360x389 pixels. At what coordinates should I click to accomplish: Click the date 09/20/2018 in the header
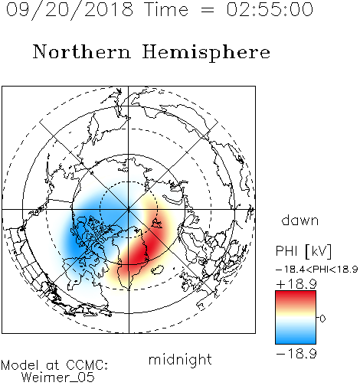click(70, 10)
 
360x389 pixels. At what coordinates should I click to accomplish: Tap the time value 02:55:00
click(270, 10)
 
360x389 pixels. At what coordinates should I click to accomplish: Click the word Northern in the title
click(82, 51)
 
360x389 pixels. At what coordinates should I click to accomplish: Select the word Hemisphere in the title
click(206, 52)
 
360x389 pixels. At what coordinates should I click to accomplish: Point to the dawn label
click(300, 221)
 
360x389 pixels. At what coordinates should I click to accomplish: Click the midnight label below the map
click(180, 360)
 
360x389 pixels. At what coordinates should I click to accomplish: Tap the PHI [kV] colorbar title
click(303, 251)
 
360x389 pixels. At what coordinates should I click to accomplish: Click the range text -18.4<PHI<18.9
click(316, 269)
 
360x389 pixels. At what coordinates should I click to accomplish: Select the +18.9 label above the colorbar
click(296, 284)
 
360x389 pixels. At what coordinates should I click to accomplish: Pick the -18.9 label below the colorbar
click(296, 354)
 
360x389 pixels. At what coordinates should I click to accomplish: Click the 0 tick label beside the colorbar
click(322, 319)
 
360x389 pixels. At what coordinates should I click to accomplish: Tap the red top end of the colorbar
click(296, 294)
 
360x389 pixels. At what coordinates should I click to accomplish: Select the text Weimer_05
click(58, 378)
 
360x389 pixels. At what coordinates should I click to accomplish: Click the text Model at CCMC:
click(54, 365)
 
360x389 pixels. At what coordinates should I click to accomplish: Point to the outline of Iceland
click(158, 270)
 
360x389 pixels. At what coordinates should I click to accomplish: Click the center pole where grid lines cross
click(129, 210)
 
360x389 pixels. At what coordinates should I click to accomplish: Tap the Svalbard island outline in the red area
click(156, 224)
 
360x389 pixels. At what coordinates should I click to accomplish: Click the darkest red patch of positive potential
click(144, 251)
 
